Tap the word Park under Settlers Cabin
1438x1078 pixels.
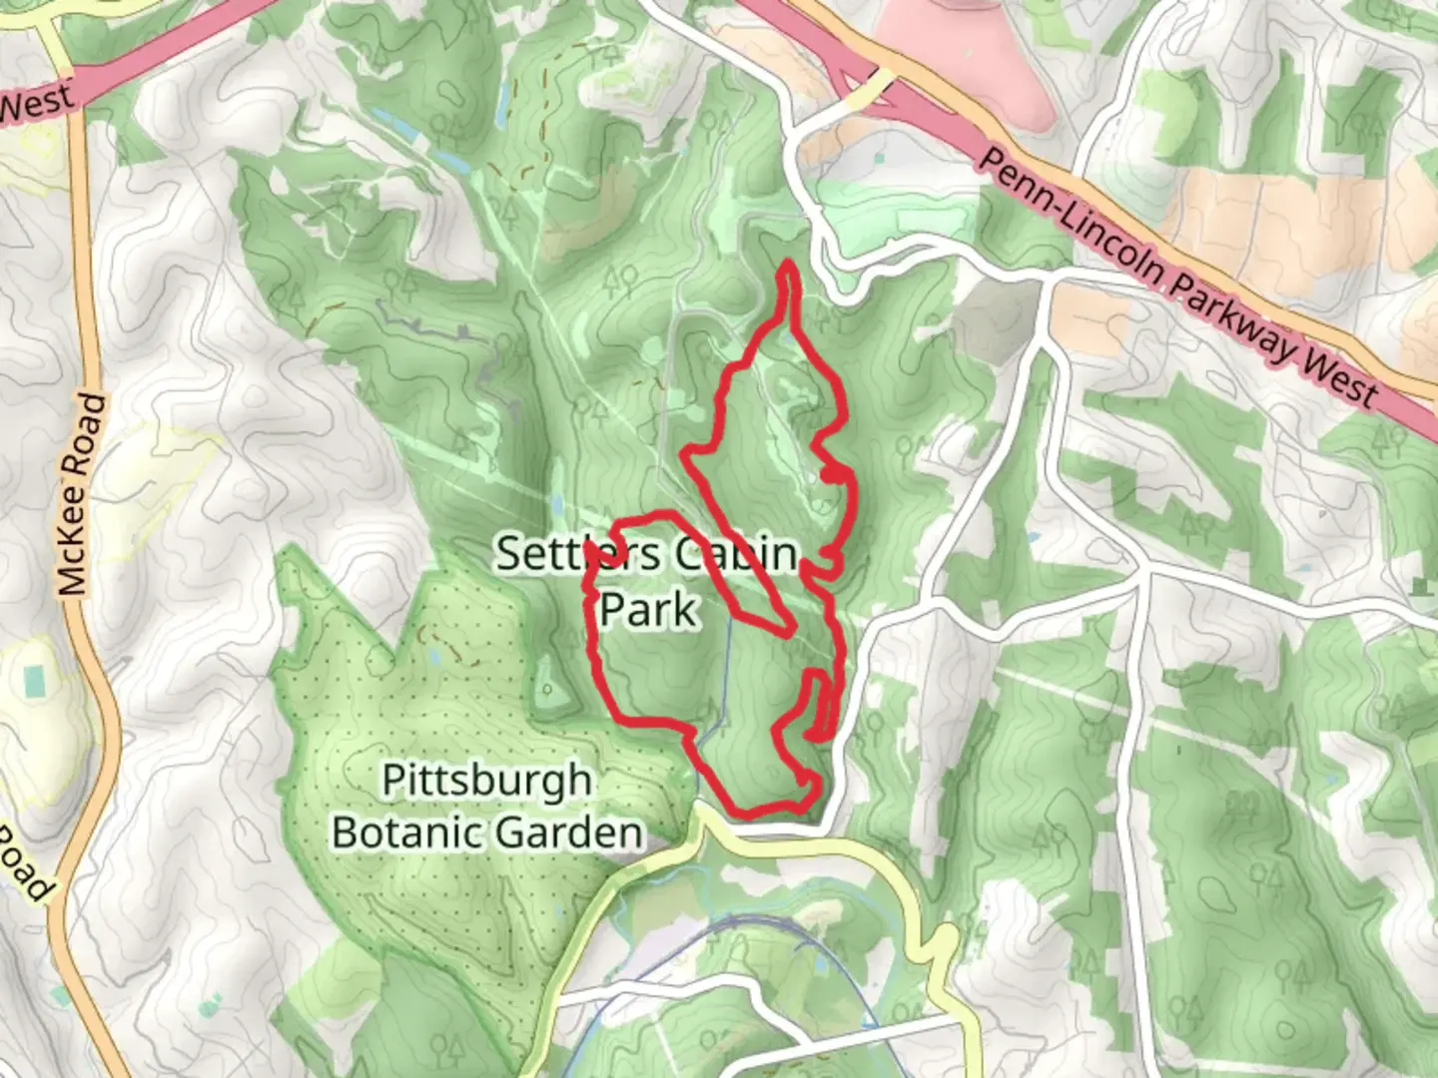pos(647,608)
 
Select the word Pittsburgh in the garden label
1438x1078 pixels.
pos(486,780)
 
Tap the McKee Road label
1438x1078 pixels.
pos(81,494)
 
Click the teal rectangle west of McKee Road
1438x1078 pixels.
pos(35,682)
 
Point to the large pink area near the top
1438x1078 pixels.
pos(959,50)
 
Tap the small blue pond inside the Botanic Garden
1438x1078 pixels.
pos(436,658)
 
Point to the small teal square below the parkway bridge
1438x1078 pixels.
pos(878,157)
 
